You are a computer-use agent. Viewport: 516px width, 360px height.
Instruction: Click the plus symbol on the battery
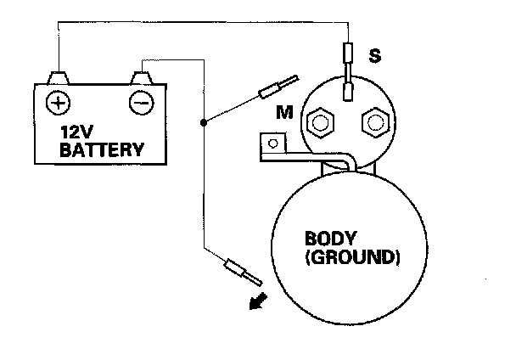[58, 103]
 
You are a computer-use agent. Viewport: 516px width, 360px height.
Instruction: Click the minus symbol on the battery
[139, 103]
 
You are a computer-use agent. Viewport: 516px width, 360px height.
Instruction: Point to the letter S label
[373, 58]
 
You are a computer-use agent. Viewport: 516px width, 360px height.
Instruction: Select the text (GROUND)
[350, 255]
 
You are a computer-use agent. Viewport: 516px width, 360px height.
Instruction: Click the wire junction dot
[203, 123]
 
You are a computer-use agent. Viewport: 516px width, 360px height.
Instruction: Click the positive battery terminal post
[58, 78]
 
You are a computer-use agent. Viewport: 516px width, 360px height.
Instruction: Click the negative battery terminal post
[139, 78]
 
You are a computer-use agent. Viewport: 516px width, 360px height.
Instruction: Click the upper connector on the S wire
[347, 53]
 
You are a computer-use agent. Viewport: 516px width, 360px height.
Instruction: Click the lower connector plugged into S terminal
[348, 91]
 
